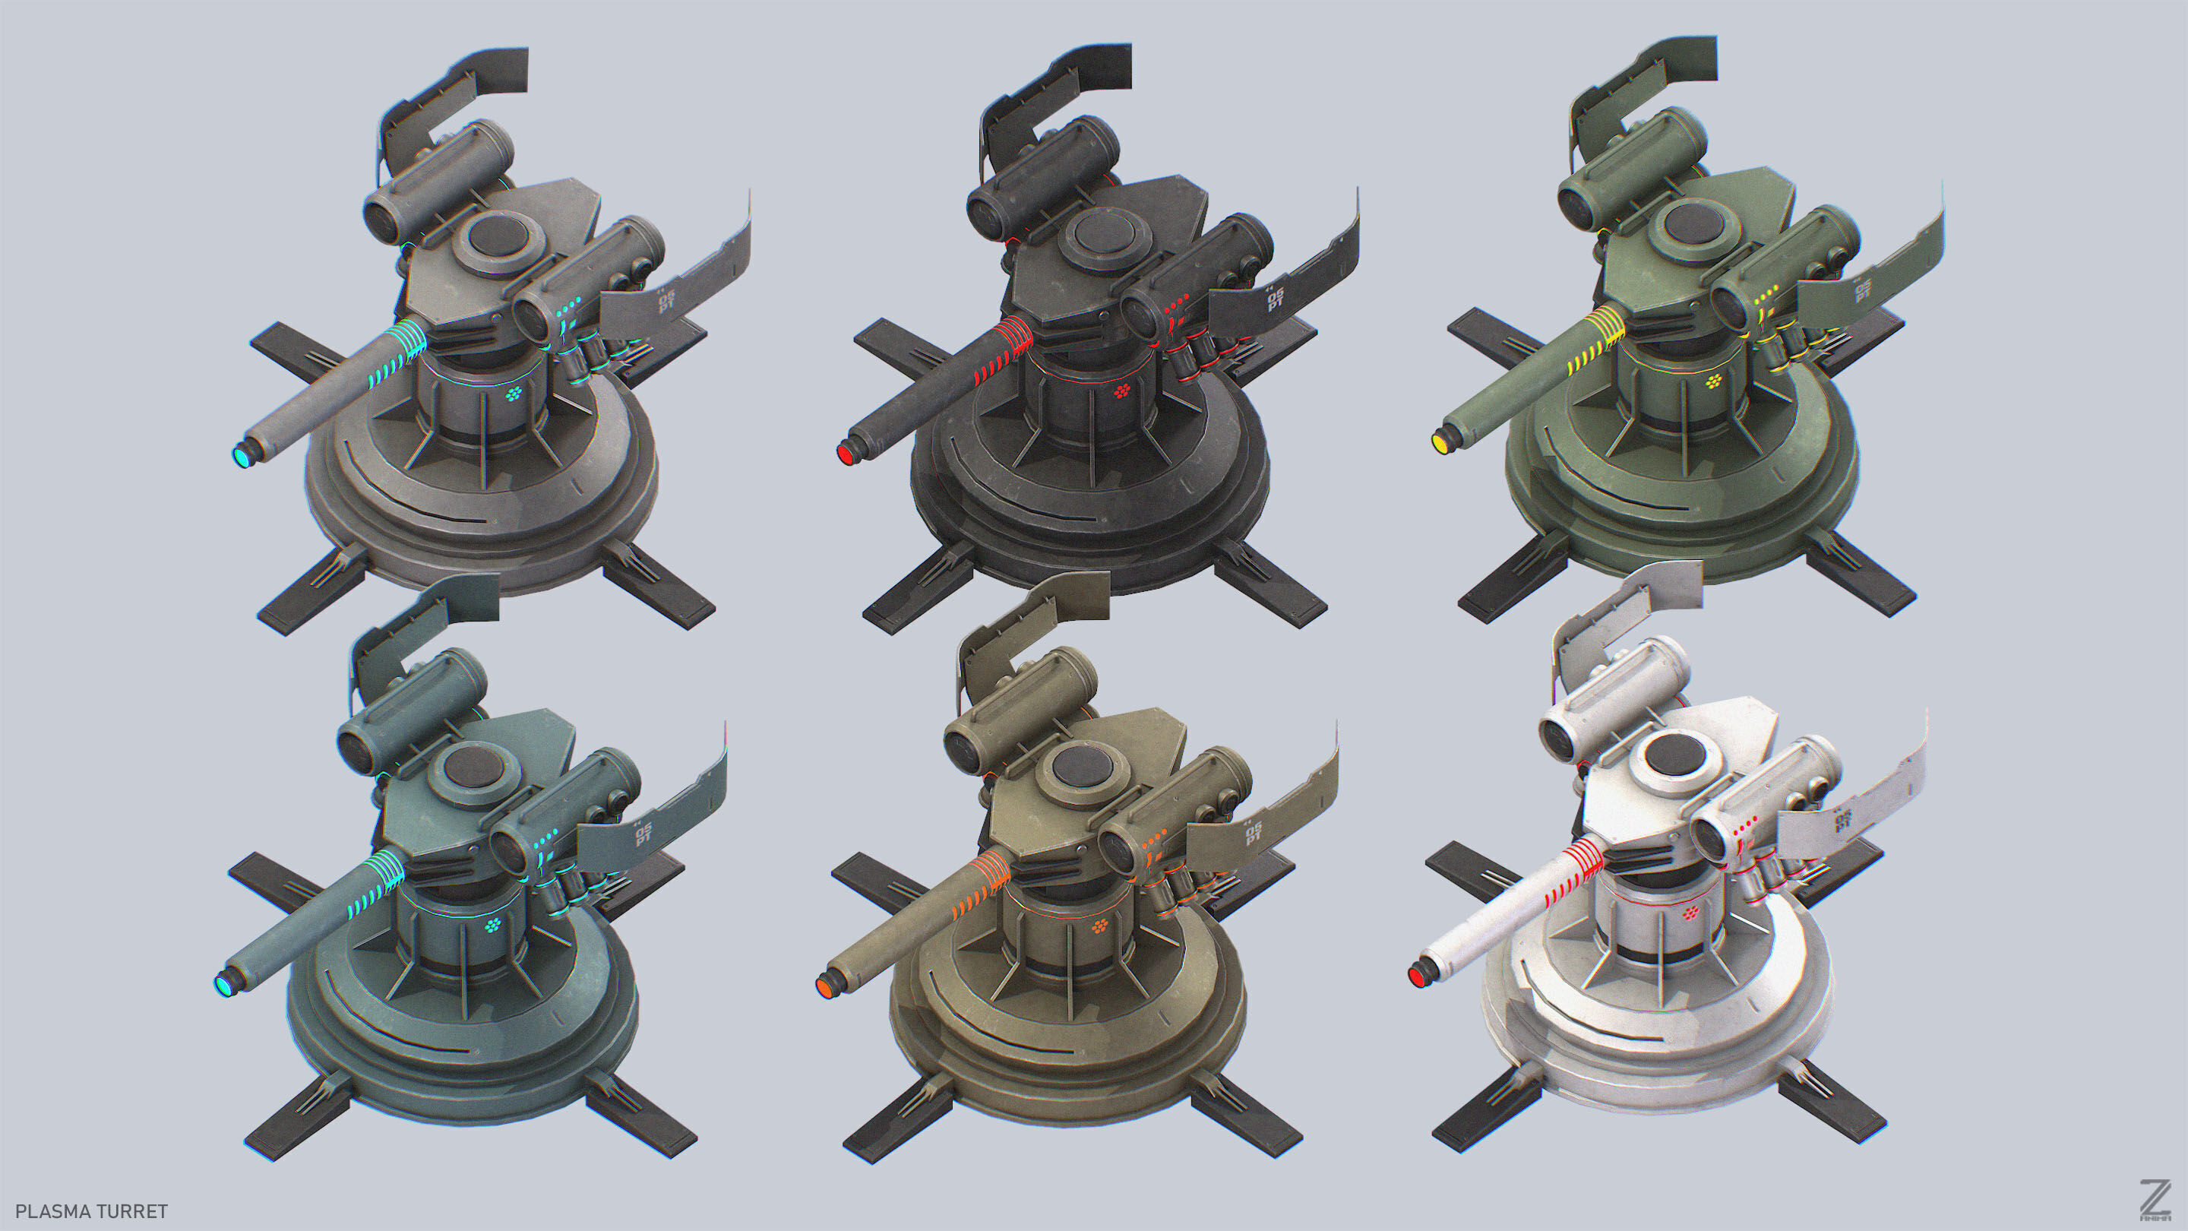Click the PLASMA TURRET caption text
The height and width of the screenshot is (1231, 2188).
tap(92, 1211)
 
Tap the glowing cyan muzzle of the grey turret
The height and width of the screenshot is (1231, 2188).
tap(242, 457)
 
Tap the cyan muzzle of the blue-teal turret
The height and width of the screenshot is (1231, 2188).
tap(223, 986)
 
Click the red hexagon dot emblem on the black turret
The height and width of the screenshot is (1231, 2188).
tap(1122, 391)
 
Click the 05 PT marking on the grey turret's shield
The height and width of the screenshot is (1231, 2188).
tap(665, 301)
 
